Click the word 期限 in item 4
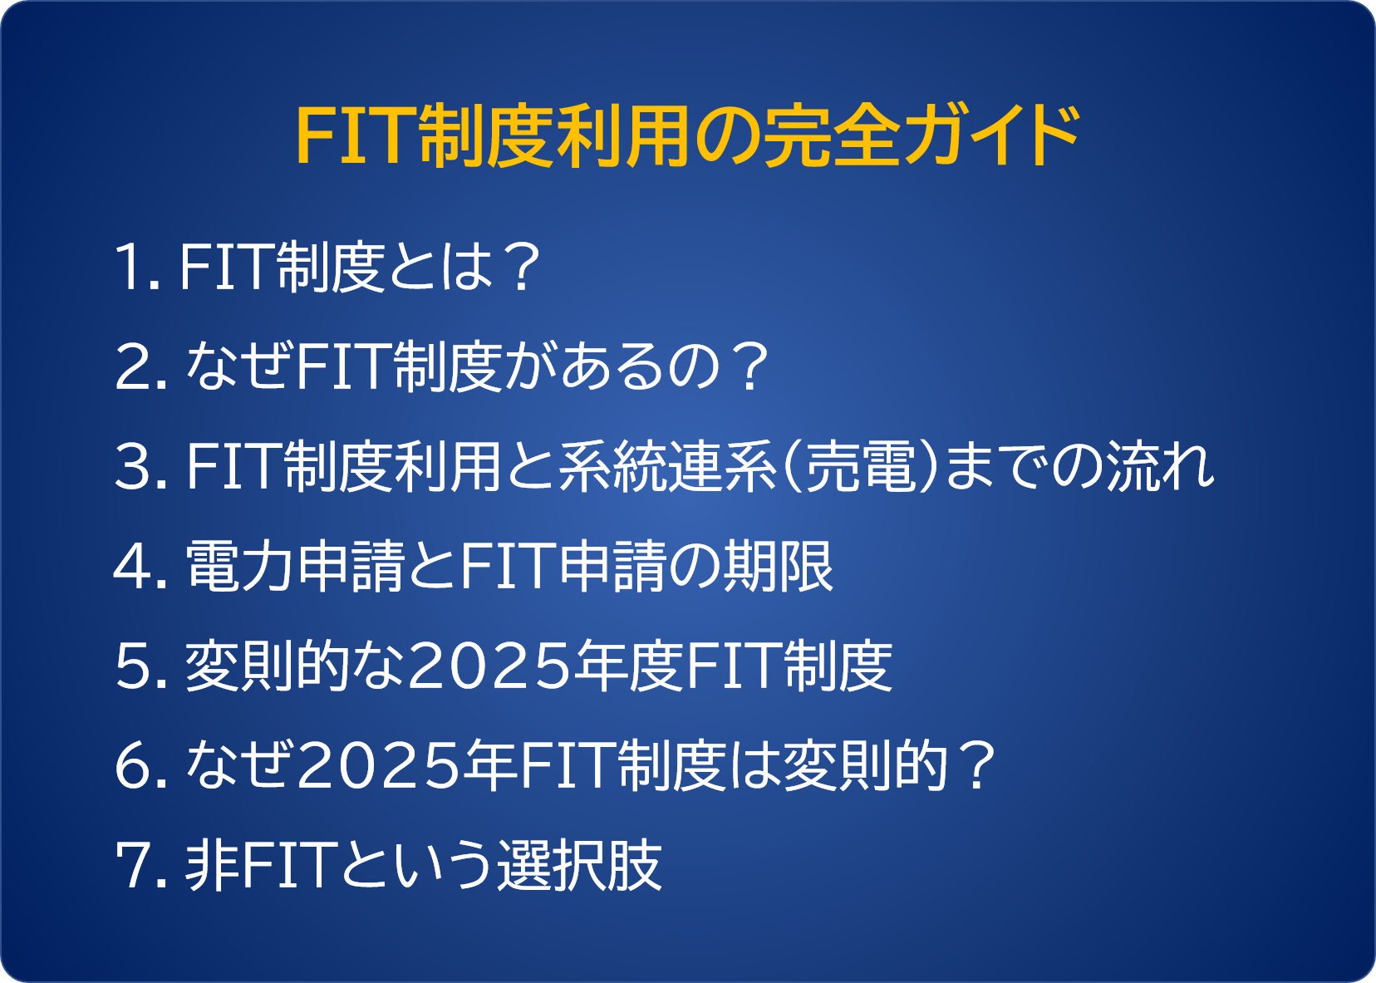coord(779,566)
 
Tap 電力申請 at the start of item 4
coord(295,566)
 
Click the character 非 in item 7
coord(212,865)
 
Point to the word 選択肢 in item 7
coord(579,865)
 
